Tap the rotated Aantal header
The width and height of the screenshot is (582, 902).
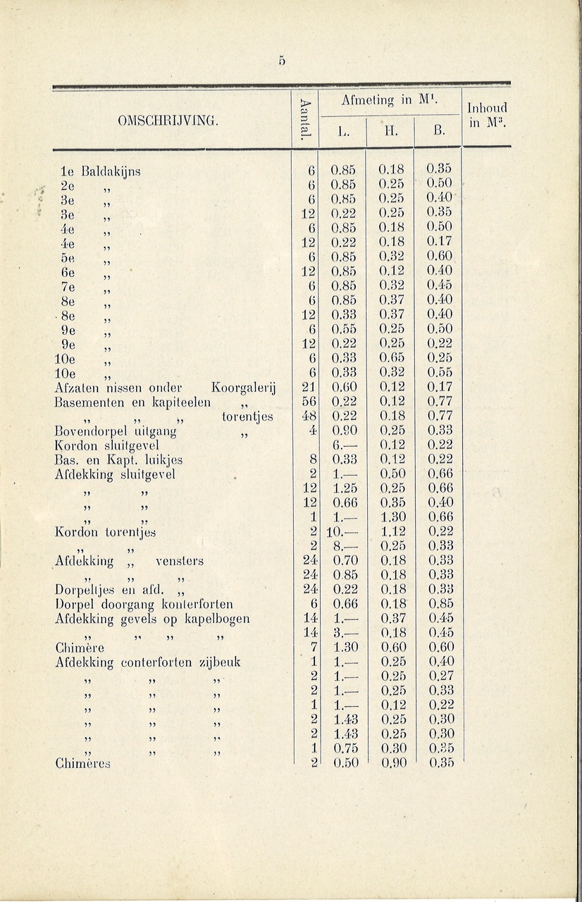[x=304, y=118]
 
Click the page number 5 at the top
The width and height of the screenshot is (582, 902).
[x=280, y=61]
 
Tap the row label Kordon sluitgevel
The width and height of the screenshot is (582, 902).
[x=106, y=445]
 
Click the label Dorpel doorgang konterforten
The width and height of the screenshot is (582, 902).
[x=144, y=604]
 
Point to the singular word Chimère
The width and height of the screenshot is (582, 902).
[x=80, y=648]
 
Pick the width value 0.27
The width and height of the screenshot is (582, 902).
[x=440, y=676]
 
